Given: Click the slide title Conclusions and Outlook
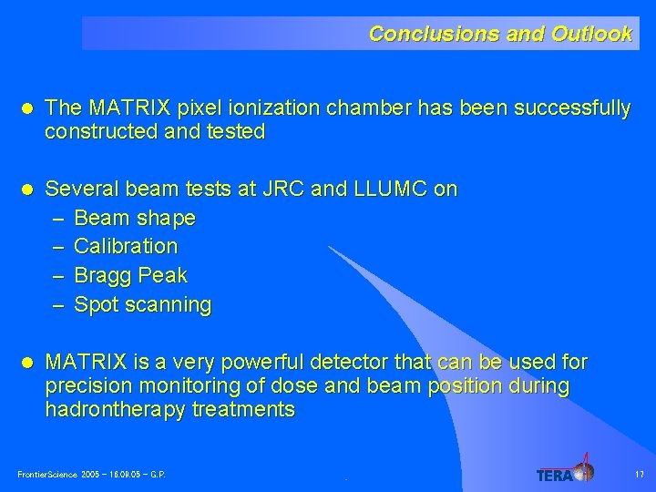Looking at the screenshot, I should [x=499, y=34].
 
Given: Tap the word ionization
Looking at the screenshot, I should [x=273, y=109].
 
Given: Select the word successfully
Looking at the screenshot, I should [x=572, y=109].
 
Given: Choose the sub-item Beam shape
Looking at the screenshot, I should [x=134, y=219].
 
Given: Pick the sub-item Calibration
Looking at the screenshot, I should [x=126, y=246].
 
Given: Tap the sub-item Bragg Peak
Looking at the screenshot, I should [x=130, y=275].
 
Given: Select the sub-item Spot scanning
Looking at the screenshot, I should [x=142, y=304].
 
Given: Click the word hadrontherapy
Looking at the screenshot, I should [x=116, y=410].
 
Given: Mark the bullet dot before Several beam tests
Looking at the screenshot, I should [x=27, y=190].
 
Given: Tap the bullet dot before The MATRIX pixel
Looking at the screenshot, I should [x=27, y=109].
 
